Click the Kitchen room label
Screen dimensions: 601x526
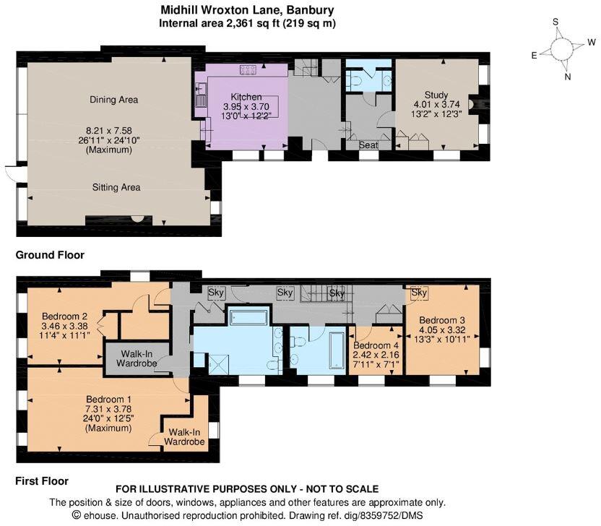[x=246, y=97]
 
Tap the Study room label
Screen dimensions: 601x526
[x=436, y=95]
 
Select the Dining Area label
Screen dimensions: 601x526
[x=114, y=100]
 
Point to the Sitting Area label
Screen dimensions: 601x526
[x=116, y=187]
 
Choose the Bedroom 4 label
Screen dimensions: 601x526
[x=376, y=345]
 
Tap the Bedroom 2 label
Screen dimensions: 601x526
[x=64, y=316]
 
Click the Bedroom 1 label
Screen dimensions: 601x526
[x=108, y=399]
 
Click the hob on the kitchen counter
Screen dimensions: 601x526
[x=248, y=70]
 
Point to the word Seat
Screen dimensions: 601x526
[x=368, y=145]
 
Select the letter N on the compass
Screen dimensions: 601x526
[x=568, y=77]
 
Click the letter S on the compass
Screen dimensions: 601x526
[x=555, y=22]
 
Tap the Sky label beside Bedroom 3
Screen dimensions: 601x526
[x=419, y=293]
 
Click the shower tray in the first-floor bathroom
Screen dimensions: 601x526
[x=218, y=365]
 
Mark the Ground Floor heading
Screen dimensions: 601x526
[x=50, y=255]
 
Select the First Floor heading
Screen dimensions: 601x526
[x=42, y=481]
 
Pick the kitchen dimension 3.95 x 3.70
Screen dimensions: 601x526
[x=246, y=107]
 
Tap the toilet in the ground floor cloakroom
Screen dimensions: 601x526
[x=355, y=81]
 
